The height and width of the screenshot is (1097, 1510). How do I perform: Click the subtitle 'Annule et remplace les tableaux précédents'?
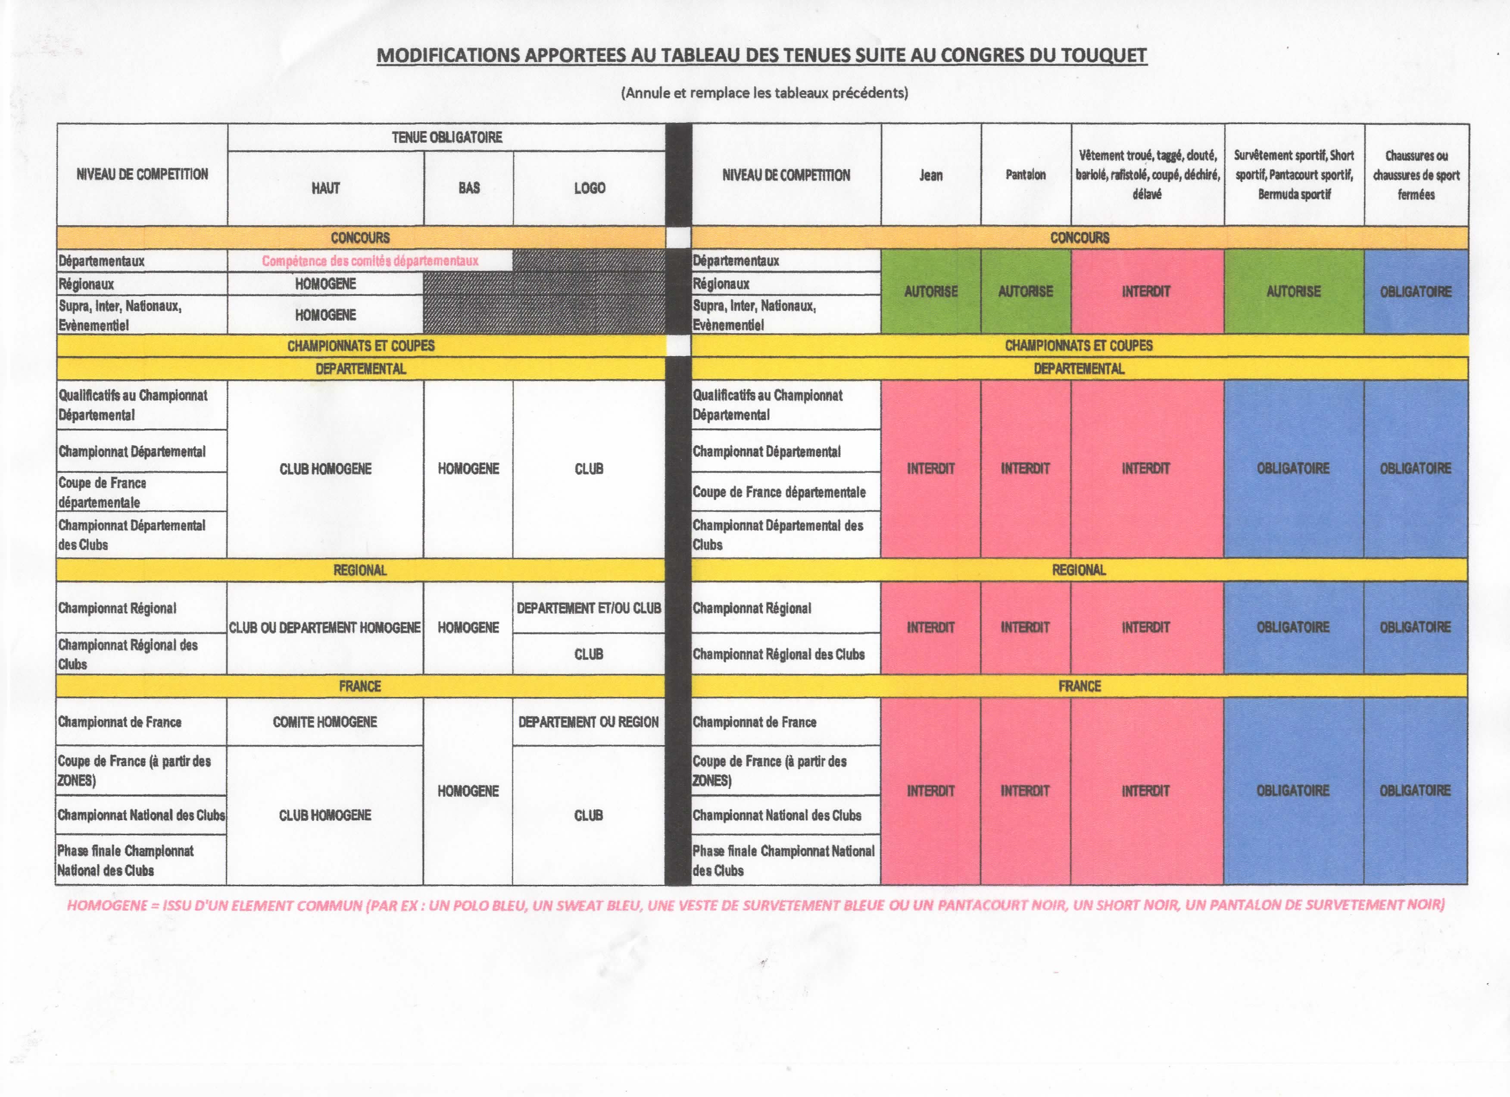(764, 93)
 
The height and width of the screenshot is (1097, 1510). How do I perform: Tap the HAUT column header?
(325, 188)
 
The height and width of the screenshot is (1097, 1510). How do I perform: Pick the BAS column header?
(469, 188)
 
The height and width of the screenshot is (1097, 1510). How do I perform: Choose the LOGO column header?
(589, 188)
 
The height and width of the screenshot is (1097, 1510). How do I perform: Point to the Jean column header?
(931, 175)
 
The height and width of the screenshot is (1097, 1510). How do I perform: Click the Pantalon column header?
(1025, 175)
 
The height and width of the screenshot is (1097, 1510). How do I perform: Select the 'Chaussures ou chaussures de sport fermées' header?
(1416, 175)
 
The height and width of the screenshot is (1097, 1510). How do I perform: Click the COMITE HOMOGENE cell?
(325, 722)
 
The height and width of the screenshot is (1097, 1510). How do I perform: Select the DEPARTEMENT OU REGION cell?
(589, 722)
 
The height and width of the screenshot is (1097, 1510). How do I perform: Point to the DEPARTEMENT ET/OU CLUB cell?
(589, 608)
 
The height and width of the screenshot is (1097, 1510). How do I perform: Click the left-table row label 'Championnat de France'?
(120, 722)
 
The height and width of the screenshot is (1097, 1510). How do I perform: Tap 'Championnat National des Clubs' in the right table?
(777, 815)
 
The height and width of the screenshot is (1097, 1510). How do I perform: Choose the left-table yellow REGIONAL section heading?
(360, 570)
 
